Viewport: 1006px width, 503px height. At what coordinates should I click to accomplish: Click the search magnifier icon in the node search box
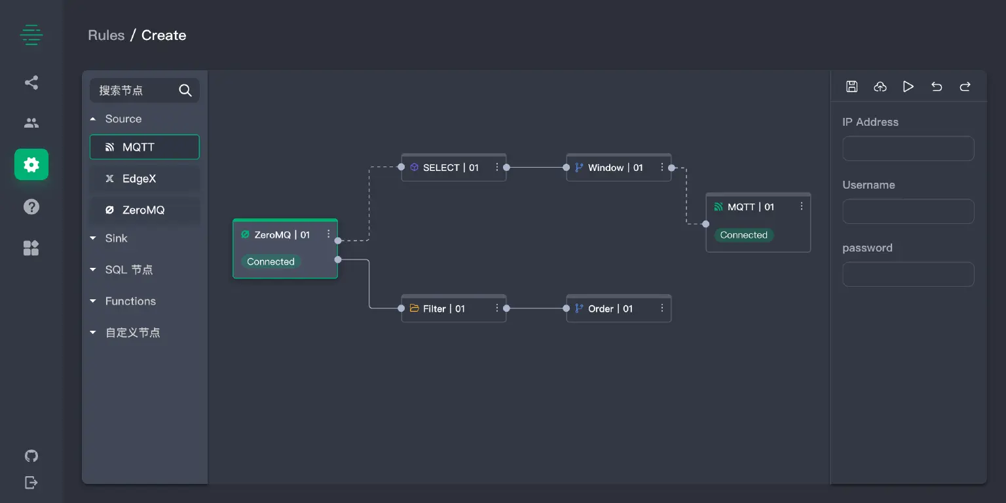(x=185, y=90)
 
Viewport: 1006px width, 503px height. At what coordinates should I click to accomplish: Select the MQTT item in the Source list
(x=145, y=147)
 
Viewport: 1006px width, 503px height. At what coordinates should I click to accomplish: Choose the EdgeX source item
(x=145, y=179)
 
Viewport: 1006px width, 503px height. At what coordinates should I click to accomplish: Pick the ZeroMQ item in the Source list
(x=145, y=210)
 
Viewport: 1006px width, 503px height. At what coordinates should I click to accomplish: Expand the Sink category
(x=116, y=238)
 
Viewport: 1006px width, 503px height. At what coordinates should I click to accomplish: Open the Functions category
(x=130, y=301)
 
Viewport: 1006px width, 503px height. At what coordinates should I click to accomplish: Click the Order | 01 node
(x=610, y=308)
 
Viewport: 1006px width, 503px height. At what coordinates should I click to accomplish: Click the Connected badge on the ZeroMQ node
(x=270, y=261)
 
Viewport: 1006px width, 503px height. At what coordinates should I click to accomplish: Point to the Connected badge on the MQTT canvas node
(x=743, y=235)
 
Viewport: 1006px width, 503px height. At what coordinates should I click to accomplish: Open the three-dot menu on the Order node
(x=662, y=308)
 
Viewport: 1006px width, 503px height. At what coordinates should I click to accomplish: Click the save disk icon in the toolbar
(x=852, y=86)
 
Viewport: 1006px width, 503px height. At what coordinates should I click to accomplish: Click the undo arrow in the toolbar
(x=937, y=86)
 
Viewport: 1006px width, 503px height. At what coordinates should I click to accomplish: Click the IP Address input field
(x=908, y=149)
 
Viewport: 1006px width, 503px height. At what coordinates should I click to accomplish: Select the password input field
(x=908, y=274)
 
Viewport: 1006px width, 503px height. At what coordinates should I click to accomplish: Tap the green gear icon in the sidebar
(x=31, y=164)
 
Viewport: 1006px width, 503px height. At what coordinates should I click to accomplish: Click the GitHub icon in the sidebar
(x=31, y=456)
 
